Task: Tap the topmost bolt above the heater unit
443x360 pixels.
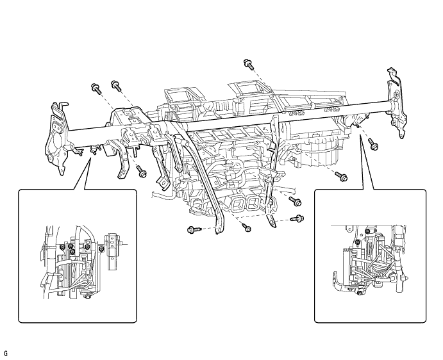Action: click(x=248, y=63)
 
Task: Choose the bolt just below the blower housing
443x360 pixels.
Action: click(x=343, y=177)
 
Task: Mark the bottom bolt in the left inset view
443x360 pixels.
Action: click(x=88, y=295)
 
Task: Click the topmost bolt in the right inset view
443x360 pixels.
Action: click(x=367, y=231)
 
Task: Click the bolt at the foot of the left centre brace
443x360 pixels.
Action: click(x=192, y=229)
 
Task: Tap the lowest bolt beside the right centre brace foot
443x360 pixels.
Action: click(x=298, y=220)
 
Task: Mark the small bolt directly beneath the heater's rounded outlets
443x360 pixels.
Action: click(x=247, y=228)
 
